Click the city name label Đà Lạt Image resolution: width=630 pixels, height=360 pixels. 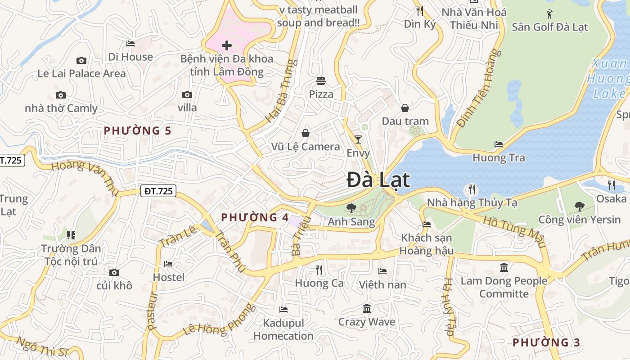coord(378,180)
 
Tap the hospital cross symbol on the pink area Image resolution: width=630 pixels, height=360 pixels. coord(227,45)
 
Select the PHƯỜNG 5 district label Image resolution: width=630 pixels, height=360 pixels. coord(137,131)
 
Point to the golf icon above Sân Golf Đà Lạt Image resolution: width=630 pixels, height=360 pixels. coord(549,13)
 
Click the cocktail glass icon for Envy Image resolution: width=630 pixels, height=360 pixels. coord(358,139)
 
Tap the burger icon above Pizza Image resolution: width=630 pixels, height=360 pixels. coord(321,81)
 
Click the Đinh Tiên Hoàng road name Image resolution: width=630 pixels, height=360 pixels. coord(478,88)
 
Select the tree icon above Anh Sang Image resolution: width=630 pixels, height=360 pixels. coord(351,208)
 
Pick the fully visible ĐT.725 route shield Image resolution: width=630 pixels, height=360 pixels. coord(157,191)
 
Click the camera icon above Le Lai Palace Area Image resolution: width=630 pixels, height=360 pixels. coord(81,60)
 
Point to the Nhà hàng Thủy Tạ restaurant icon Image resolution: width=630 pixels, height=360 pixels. coord(472,189)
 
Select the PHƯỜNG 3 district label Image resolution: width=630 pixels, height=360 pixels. coord(546,342)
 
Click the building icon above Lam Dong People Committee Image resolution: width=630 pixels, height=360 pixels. coord(504,268)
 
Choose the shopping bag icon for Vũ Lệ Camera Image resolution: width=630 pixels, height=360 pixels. coord(306,133)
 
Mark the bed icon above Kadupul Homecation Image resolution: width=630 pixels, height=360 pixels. coord(283,309)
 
